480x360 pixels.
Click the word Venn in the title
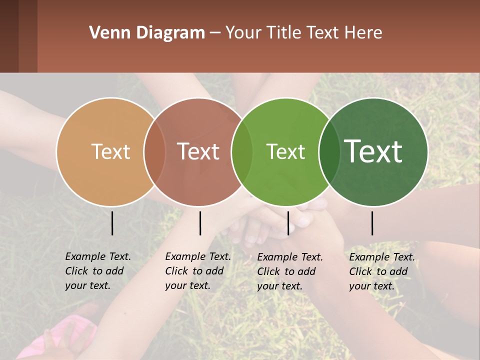click(x=106, y=33)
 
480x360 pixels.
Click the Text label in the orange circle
click(x=110, y=151)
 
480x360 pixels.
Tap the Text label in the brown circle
click(x=198, y=151)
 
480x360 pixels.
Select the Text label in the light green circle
click(x=285, y=151)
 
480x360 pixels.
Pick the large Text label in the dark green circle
click(x=373, y=151)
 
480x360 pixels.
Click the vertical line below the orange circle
click(x=112, y=223)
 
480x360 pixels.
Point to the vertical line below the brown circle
click(x=200, y=223)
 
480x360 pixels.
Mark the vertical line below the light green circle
click(x=288, y=223)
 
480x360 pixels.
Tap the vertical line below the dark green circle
click(x=372, y=223)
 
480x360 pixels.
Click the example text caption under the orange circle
click(x=97, y=271)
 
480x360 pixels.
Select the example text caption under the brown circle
click(x=197, y=271)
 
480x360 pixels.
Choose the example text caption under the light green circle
click(x=289, y=271)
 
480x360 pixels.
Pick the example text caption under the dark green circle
click(x=381, y=271)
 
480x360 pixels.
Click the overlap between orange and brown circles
click(x=154, y=151)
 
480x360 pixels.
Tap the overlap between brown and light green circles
click(x=242, y=151)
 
